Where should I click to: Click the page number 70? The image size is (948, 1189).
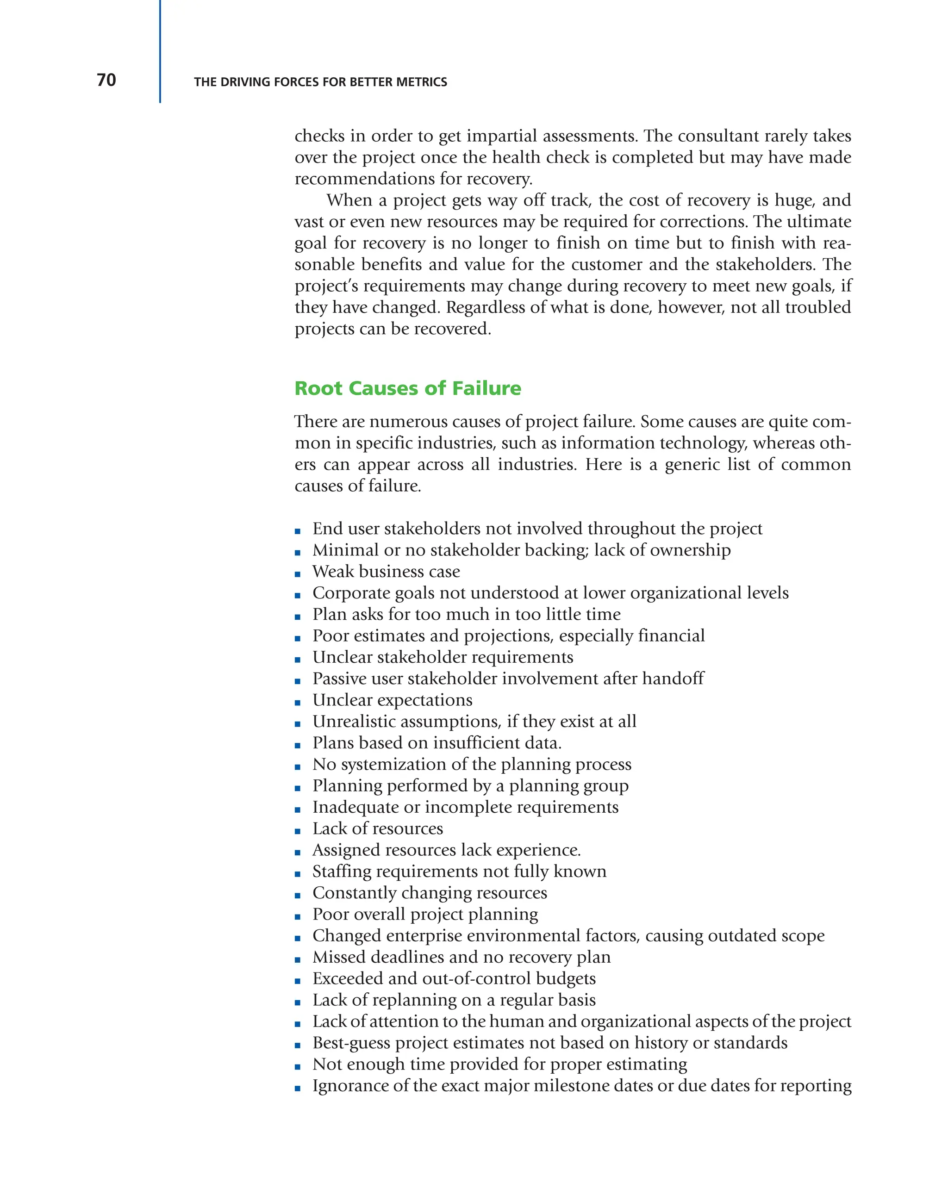click(x=106, y=81)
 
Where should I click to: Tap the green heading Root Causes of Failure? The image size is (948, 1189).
click(x=407, y=388)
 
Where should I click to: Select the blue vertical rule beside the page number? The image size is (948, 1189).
click(x=160, y=51)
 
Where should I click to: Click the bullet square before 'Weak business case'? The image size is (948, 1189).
click(x=298, y=574)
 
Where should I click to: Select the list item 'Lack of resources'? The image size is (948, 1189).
click(x=377, y=828)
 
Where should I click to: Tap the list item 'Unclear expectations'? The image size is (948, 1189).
click(x=392, y=700)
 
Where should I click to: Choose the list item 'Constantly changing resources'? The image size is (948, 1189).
click(x=430, y=892)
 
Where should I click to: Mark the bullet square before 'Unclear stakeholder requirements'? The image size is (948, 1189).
click(x=298, y=660)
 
